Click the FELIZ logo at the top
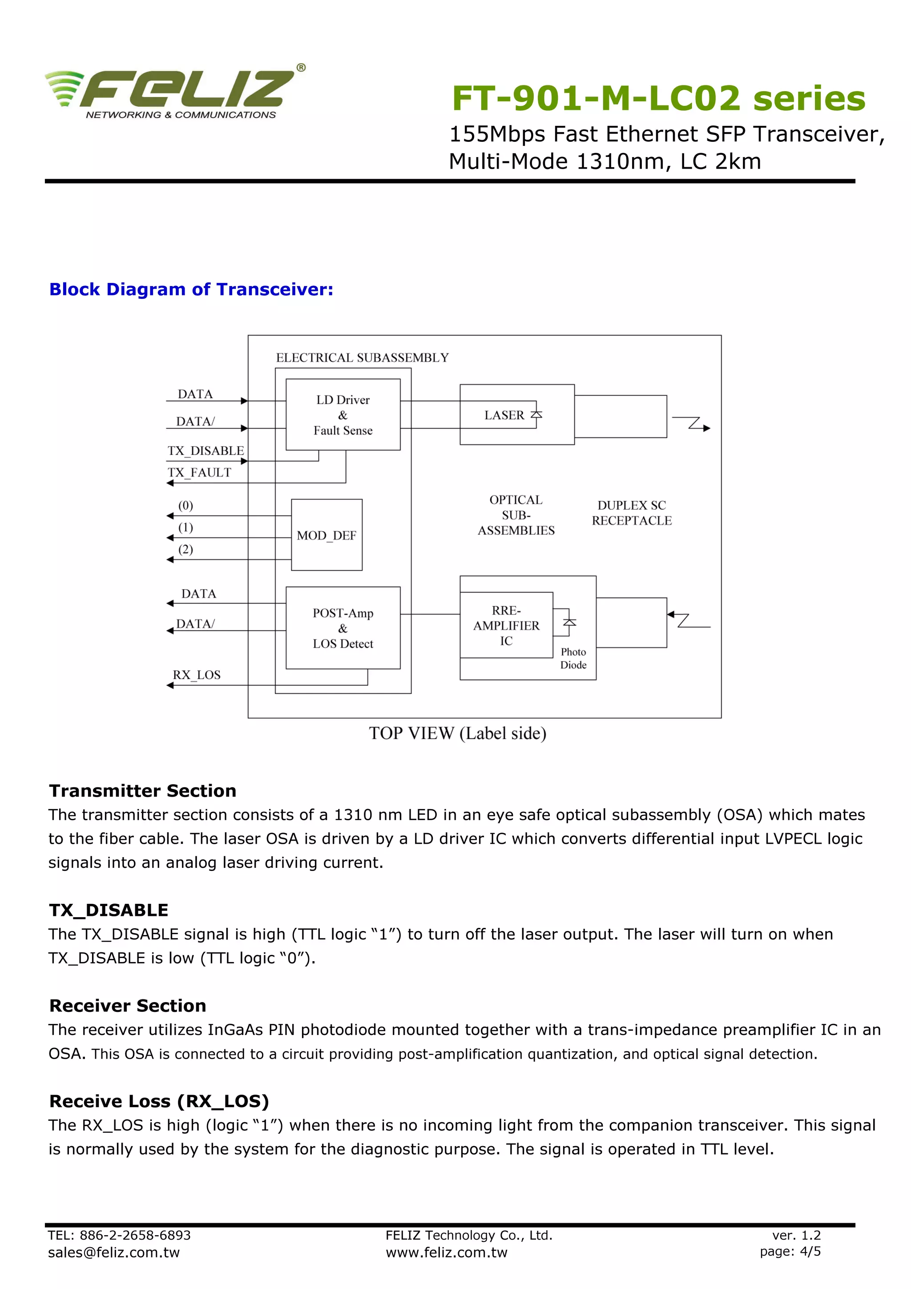click(174, 91)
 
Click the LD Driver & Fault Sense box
click(343, 415)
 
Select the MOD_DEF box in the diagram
click(326, 535)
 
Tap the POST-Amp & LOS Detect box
click(343, 628)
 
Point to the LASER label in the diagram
click(504, 415)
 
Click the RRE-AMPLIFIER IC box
click(506, 625)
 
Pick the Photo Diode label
click(573, 658)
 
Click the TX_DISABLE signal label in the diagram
click(206, 451)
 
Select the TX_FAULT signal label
click(199, 473)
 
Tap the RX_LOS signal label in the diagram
click(197, 675)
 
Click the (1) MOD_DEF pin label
click(185, 527)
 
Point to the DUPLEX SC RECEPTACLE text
click(632, 512)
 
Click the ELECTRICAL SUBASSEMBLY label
click(362, 358)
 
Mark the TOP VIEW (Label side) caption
click(457, 733)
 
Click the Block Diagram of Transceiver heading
click(191, 289)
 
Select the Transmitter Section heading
click(143, 790)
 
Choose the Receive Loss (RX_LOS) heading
click(159, 1101)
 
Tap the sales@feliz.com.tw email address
click(113, 1253)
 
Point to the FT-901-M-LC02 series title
click(658, 98)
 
